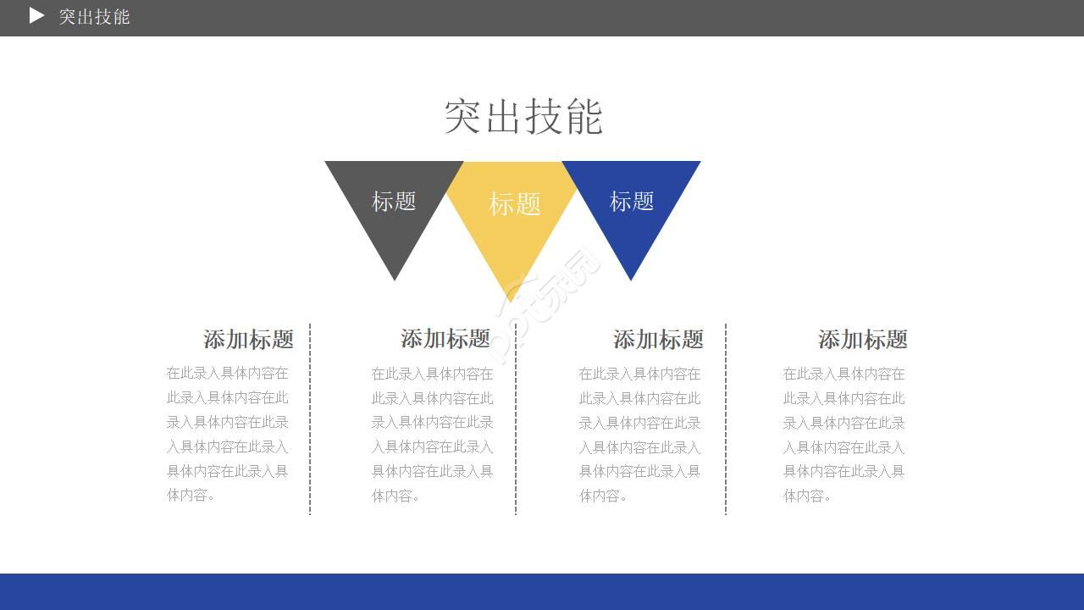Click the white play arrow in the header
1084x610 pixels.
pos(36,15)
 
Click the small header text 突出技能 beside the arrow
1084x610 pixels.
pos(94,17)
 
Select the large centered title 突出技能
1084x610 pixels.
pos(523,117)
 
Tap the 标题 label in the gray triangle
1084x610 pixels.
pos(394,202)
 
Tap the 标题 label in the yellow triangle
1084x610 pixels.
pos(514,204)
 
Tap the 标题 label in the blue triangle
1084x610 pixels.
pos(632,202)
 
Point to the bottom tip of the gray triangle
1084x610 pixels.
pos(395,280)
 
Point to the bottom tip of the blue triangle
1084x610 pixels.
pos(631,280)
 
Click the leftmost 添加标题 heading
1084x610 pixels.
pos(248,340)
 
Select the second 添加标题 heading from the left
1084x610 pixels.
pos(445,338)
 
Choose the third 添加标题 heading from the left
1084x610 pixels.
pos(658,340)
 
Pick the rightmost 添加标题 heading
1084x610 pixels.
pos(863,340)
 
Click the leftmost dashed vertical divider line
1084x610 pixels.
pos(310,419)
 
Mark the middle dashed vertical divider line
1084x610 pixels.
pos(516,419)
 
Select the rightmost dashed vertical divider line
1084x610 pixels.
pos(726,419)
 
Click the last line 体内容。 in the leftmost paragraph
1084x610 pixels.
pos(191,496)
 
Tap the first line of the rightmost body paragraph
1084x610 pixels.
pos(843,374)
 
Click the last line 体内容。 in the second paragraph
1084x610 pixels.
pos(395,496)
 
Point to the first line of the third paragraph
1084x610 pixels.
pos(639,374)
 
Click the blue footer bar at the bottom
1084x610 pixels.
pos(542,591)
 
